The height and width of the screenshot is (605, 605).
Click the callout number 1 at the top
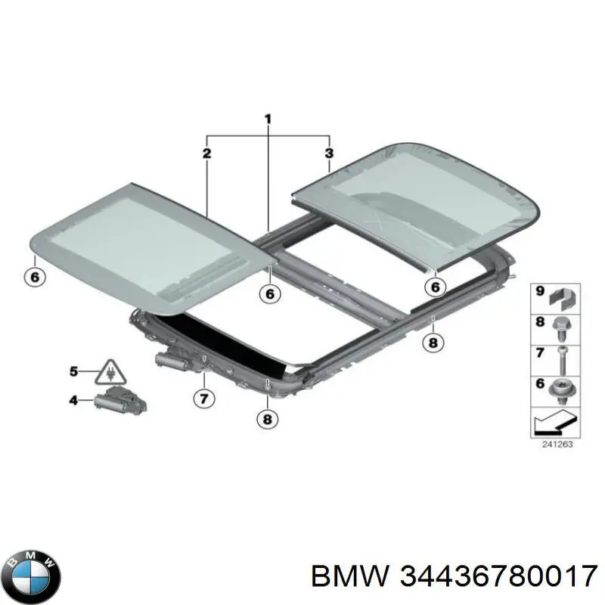point(268,119)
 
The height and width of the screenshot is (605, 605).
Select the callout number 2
point(206,154)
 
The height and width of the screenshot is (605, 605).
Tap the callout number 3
point(329,154)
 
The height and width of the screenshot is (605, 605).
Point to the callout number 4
point(73,401)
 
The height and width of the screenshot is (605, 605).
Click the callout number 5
point(73,371)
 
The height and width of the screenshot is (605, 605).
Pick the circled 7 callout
point(203,399)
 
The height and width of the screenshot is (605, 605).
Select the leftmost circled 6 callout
point(34,277)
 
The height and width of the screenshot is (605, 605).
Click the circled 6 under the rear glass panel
point(435,287)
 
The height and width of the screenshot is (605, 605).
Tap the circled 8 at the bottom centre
point(268,419)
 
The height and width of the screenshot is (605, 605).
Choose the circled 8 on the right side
point(433,343)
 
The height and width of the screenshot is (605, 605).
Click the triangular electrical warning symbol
point(110,372)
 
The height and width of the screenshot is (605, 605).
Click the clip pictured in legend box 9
point(563,299)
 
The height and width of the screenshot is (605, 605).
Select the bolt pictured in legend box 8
point(560,329)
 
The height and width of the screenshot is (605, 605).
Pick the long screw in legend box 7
point(560,361)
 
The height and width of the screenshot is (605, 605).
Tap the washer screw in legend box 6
point(560,391)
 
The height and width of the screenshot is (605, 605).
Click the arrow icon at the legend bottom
point(555,422)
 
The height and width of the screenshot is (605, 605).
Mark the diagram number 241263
point(557,445)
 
